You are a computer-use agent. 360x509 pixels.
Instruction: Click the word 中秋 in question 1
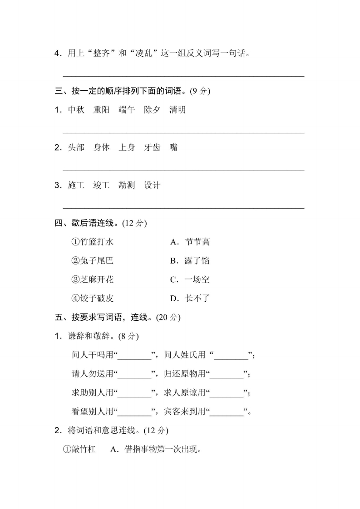[x=76, y=110]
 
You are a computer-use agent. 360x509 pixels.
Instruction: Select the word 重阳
[x=101, y=110]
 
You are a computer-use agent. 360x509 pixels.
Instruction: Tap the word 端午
[x=127, y=110]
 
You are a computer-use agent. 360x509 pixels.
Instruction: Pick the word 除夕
[x=152, y=110]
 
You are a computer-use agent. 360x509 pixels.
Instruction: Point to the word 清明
[x=178, y=110]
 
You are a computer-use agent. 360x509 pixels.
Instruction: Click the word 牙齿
[x=152, y=147]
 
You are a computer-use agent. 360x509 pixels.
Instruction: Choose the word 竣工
[x=101, y=185]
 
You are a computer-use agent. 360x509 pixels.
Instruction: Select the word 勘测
[x=127, y=185]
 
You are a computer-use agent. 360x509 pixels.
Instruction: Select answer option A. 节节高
[x=190, y=242]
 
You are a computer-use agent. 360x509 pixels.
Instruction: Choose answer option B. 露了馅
[x=190, y=261]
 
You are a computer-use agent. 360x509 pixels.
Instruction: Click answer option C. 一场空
[x=190, y=279]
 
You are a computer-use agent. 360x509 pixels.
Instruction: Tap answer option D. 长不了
[x=190, y=299]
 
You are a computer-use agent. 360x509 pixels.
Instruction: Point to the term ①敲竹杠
[x=79, y=450]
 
